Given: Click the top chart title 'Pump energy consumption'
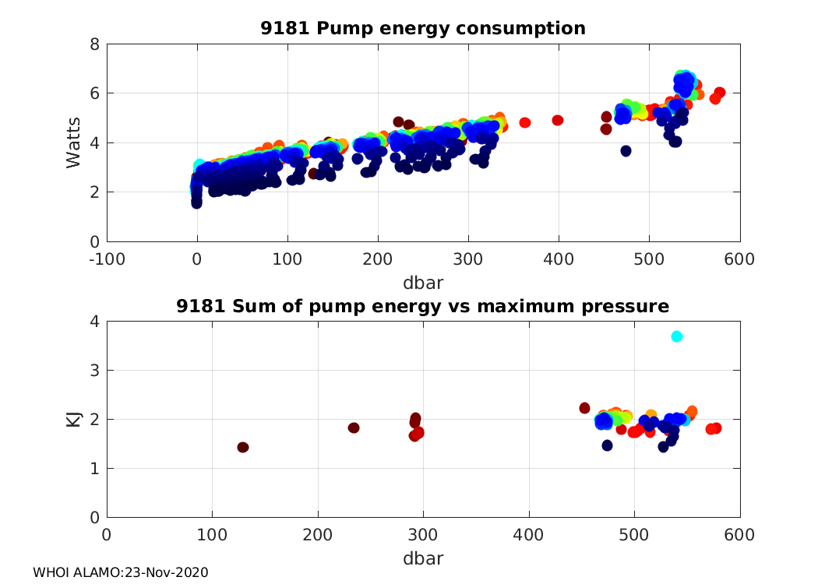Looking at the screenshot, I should [422, 29].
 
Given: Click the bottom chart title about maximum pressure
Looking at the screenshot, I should [422, 306].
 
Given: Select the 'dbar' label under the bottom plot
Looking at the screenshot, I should [423, 558].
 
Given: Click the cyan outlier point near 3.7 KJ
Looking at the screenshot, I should [677, 336].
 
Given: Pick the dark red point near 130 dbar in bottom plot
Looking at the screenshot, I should [243, 447].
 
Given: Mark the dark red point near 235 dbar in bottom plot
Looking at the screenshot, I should [354, 427].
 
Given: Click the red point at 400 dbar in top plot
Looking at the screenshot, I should [558, 120].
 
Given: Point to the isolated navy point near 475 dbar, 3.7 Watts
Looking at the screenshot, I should [626, 150].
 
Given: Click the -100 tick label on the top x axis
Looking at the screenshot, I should [107, 259].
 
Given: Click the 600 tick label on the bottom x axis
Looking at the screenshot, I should [739, 536].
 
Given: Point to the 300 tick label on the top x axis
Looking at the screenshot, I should [468, 259].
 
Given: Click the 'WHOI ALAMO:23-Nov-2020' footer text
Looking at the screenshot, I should [121, 572].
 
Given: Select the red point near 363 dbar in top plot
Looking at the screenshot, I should [525, 122].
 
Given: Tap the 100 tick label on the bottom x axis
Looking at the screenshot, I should [213, 536].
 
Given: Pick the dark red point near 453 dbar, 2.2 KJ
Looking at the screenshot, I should [585, 408].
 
